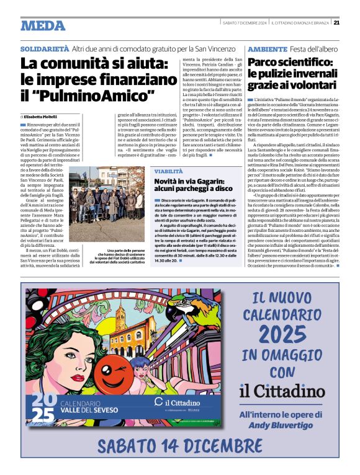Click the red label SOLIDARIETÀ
[44, 48]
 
